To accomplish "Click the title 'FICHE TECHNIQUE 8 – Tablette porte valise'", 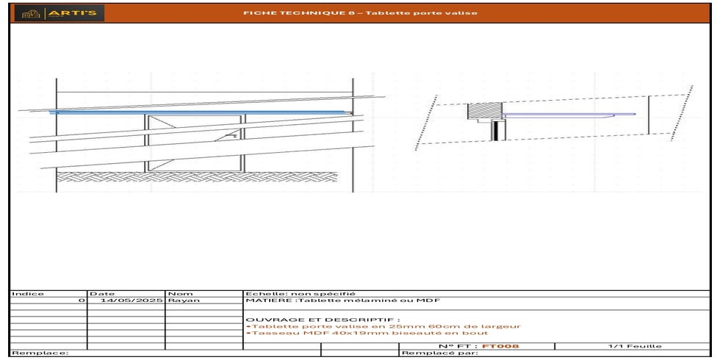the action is [360, 13].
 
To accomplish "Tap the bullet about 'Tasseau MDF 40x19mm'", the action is [367, 333].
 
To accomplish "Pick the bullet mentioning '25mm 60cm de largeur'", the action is [384, 326].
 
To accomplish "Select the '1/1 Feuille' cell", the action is [635, 345].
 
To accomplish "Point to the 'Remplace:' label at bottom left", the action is [40, 353].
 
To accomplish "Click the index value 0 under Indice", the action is [82, 300].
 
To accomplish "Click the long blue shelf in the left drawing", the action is [198, 112].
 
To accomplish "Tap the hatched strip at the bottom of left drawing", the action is [198, 176].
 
